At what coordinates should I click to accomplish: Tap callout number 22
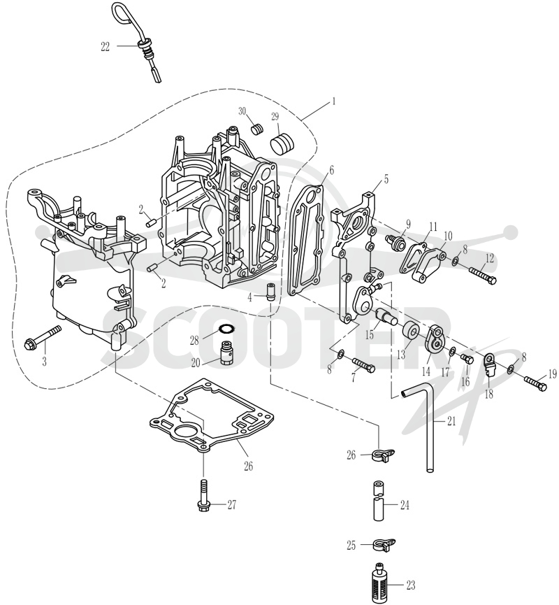point(106,47)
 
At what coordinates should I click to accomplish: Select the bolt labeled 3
point(42,336)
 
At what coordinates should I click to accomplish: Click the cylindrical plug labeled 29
point(282,143)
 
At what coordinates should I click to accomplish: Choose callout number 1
point(334,101)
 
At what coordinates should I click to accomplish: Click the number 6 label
point(331,170)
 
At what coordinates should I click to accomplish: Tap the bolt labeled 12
point(483,275)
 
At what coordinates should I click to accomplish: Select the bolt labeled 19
point(535,383)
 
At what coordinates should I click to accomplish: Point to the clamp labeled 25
point(384,545)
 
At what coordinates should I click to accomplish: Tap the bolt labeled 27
point(203,496)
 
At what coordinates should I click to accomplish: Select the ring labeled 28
point(225,329)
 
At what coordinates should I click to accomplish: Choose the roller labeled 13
point(411,330)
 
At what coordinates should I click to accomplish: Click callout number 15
point(370,334)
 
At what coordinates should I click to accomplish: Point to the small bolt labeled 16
point(467,360)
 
